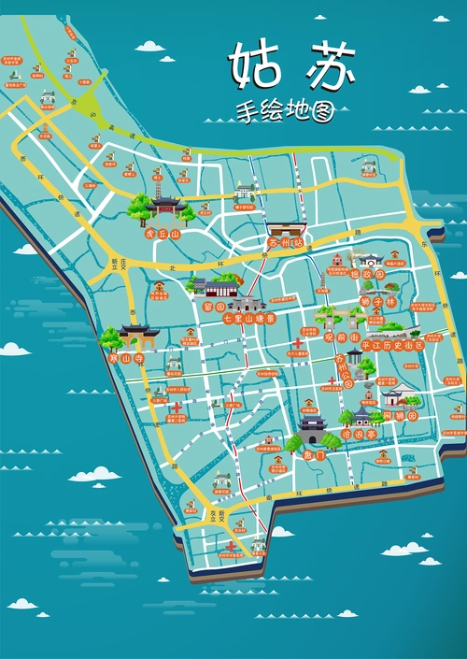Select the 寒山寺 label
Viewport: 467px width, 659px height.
123,358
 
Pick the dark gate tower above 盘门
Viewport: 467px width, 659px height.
312,431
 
